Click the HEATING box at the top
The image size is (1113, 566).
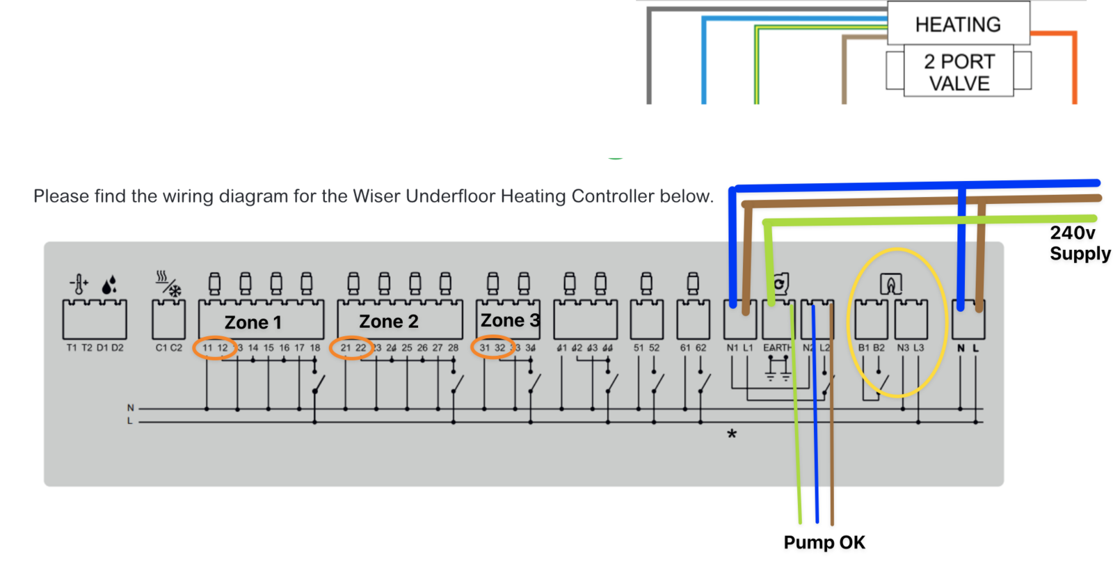pos(958,24)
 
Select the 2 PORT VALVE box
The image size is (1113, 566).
pos(959,72)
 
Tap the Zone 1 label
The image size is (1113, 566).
pos(253,322)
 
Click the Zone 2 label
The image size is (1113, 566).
pos(388,322)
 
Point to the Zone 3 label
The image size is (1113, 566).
pos(509,320)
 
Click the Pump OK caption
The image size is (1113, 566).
pos(824,542)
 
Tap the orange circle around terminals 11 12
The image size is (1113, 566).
pos(215,347)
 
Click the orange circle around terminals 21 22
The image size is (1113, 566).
pos(352,347)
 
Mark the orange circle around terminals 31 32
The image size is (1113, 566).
pos(493,347)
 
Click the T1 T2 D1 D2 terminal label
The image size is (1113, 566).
pos(95,347)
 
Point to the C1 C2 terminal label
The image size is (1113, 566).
pos(168,347)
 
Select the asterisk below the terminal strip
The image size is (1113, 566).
pos(731,435)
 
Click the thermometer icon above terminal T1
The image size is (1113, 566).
pos(79,284)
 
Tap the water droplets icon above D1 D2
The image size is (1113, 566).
pos(109,284)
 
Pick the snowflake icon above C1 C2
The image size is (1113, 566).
pos(175,290)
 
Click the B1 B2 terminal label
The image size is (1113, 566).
pos(871,347)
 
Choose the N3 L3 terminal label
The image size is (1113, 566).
pos(911,347)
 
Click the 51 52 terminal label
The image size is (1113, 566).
pos(646,347)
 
